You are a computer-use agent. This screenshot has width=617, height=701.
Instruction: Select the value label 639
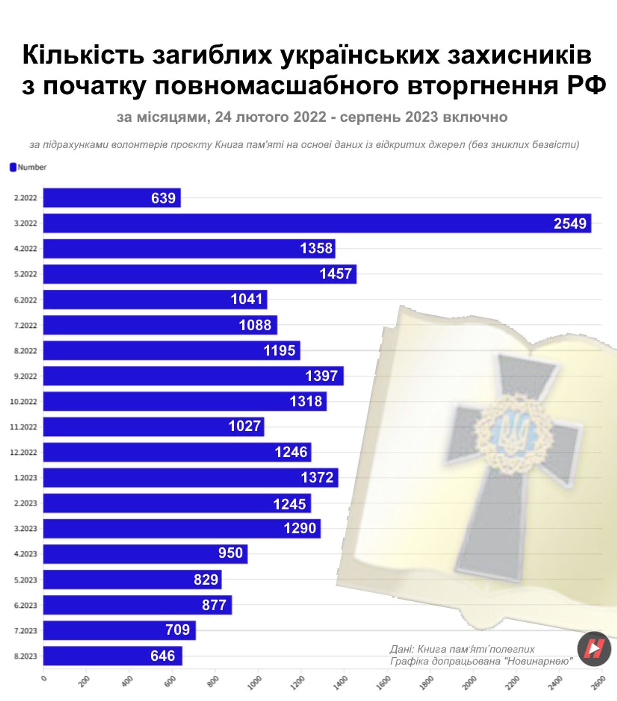click(163, 198)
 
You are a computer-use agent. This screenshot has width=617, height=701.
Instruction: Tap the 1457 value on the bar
click(335, 274)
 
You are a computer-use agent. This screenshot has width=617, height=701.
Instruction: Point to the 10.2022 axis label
click(24, 402)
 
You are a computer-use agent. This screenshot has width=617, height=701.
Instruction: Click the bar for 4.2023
click(145, 554)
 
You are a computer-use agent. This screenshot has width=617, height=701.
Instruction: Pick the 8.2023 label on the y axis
click(25, 656)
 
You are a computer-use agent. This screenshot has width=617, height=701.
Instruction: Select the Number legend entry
click(28, 167)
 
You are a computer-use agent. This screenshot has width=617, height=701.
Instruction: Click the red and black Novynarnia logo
click(594, 649)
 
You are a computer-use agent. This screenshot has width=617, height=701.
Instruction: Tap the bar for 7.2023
click(119, 630)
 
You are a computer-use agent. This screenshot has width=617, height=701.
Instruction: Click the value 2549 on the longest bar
click(570, 224)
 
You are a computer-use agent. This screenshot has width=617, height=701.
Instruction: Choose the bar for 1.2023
click(190, 478)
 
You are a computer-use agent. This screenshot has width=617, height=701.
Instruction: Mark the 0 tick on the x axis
click(44, 678)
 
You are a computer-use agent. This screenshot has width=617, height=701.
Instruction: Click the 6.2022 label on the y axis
click(25, 300)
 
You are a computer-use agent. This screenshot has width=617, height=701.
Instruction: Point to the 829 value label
click(206, 580)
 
